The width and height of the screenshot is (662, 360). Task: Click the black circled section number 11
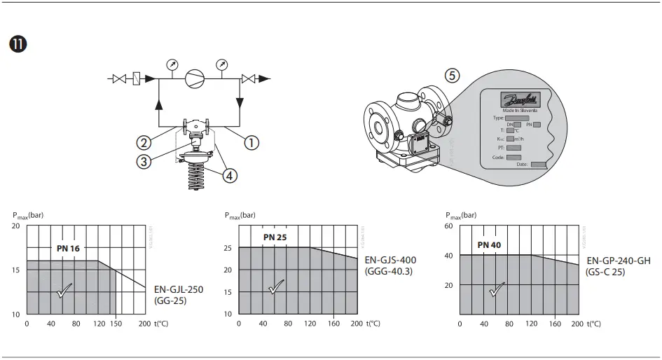pos(18,44)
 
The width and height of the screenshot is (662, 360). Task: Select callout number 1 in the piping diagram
pos(250,142)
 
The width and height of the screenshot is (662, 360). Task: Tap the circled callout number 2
pos(144,142)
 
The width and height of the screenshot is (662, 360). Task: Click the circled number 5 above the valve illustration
pos(453,75)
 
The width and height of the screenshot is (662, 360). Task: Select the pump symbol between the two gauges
pos(195,78)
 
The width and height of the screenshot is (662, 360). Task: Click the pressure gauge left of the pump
pos(172,65)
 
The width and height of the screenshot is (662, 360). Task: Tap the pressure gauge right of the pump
pos(221,65)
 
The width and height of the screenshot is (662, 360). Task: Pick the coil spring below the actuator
pos(195,179)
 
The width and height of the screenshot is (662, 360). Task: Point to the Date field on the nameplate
pos(538,165)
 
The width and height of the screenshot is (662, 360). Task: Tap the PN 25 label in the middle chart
pos(275,237)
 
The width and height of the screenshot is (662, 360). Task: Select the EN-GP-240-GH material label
pos(619,261)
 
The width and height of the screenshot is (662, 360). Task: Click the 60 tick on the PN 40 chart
pos(449,226)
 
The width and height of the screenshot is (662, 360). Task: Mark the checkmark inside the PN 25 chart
pos(275,286)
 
